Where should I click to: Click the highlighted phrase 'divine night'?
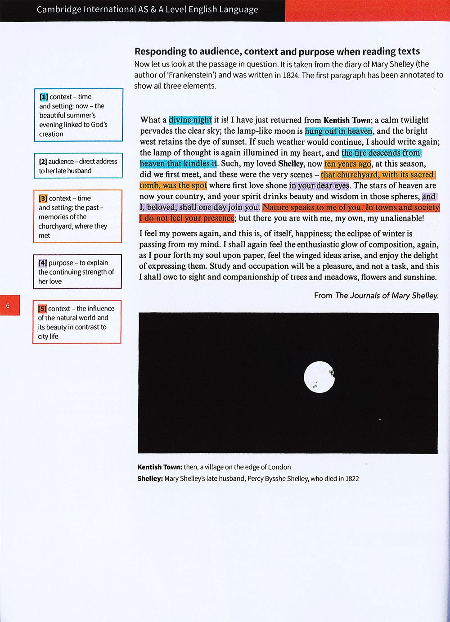190,120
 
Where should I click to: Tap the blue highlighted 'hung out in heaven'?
338,131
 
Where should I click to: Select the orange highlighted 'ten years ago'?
348,164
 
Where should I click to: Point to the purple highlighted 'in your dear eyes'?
319,185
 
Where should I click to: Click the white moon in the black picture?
319,376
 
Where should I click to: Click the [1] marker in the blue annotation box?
44,97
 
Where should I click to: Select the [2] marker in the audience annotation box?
43,162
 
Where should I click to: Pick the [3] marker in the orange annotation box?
43,198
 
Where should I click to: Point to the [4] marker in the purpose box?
43,263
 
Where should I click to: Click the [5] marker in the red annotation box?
42,309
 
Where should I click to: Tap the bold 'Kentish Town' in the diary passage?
346,120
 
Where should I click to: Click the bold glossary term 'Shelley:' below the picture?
150,479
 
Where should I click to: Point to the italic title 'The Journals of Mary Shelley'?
387,296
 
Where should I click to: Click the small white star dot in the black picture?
380,419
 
